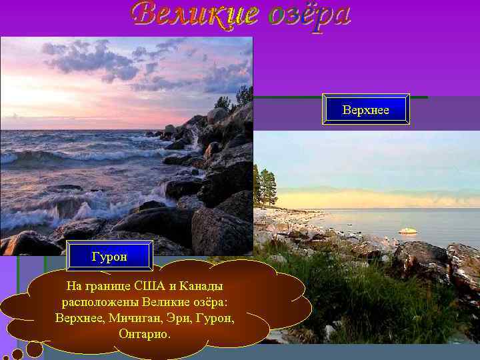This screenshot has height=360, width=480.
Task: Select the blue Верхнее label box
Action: pyautogui.click(x=365, y=109)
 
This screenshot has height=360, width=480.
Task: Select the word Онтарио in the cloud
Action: pyautogui.click(x=144, y=333)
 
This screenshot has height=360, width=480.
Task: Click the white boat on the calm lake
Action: pyautogui.click(x=407, y=231)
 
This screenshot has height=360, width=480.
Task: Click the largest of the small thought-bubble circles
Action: pyautogui.click(x=35, y=349)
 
